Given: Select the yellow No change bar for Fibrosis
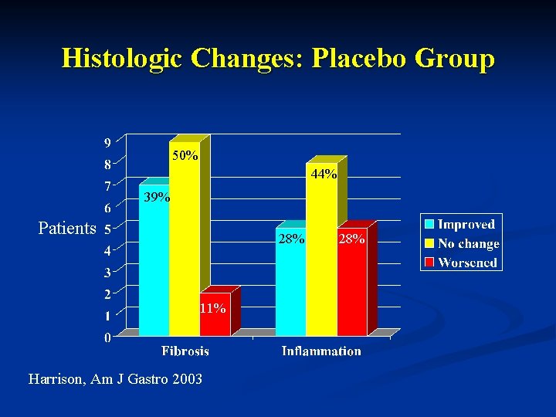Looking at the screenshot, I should click(x=184, y=247).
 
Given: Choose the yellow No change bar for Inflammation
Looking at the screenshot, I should click(x=321, y=255).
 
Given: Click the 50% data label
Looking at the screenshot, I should click(x=185, y=156).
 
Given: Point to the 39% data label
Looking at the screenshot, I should click(x=158, y=198).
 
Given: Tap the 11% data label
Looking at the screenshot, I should click(x=213, y=308).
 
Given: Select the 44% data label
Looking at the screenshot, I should click(x=324, y=175).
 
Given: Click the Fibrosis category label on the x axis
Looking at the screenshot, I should click(x=185, y=351).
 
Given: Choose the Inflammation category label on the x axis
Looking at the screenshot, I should click(x=321, y=351).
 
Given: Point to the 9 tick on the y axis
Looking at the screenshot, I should click(x=107, y=142).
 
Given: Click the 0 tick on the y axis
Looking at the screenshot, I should click(x=107, y=337).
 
